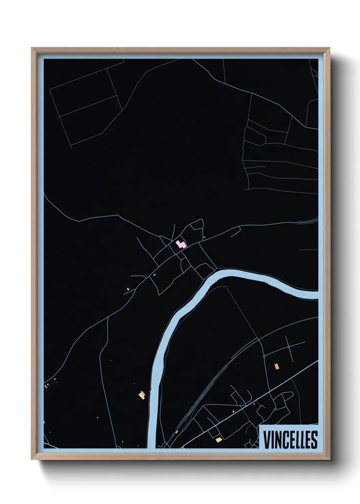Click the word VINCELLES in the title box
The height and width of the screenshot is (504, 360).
(290, 440)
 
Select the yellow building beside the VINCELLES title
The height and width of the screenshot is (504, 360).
(219, 440)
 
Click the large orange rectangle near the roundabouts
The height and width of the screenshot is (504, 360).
(277, 366)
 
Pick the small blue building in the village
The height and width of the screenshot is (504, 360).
(154, 275)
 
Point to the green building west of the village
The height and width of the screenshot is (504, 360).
(128, 289)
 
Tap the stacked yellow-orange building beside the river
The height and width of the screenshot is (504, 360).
(142, 395)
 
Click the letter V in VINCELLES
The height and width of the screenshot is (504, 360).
(266, 440)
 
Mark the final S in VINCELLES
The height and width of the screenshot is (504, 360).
(314, 440)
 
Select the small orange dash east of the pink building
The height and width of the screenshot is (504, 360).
(204, 237)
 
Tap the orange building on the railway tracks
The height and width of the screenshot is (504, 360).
(177, 432)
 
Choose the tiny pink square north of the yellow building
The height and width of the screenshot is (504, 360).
(233, 412)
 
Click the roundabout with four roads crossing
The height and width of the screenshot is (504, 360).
(289, 347)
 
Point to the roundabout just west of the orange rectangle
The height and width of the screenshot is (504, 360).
(264, 356)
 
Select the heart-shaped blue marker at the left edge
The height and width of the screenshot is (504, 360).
(44, 422)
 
